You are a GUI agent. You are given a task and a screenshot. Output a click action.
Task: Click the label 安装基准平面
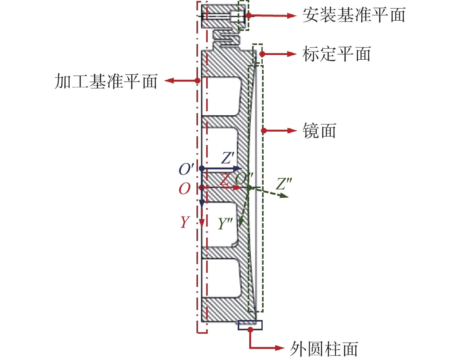tap(354, 15)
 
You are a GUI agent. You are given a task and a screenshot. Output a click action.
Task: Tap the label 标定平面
tap(336, 54)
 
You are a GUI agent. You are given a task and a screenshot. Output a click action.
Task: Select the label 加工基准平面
tap(106, 81)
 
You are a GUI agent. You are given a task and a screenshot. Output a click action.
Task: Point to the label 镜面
tap(319, 131)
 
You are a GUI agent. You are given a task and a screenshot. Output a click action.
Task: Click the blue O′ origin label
tap(186, 169)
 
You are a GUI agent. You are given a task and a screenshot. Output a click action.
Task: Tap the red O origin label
tap(185, 189)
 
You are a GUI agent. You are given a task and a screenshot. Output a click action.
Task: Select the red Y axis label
tap(185, 222)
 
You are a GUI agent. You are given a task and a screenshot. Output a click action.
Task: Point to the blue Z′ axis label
tap(228, 158)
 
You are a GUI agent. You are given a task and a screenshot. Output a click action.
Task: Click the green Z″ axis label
tap(284, 184)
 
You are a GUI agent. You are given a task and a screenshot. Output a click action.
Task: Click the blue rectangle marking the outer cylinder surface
tap(250, 325)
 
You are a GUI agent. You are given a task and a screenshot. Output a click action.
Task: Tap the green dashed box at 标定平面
tap(257, 53)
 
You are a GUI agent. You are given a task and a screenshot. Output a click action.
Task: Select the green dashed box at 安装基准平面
tap(243, 15)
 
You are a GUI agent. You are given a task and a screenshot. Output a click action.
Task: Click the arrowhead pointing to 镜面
tap(292, 131)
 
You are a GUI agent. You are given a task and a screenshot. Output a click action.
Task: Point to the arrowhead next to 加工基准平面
tap(169, 81)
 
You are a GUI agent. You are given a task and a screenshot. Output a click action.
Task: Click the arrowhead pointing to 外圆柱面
tap(280, 348)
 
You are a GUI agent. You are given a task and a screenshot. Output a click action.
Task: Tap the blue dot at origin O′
tap(202, 168)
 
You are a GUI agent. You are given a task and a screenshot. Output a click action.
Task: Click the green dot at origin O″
tap(249, 188)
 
